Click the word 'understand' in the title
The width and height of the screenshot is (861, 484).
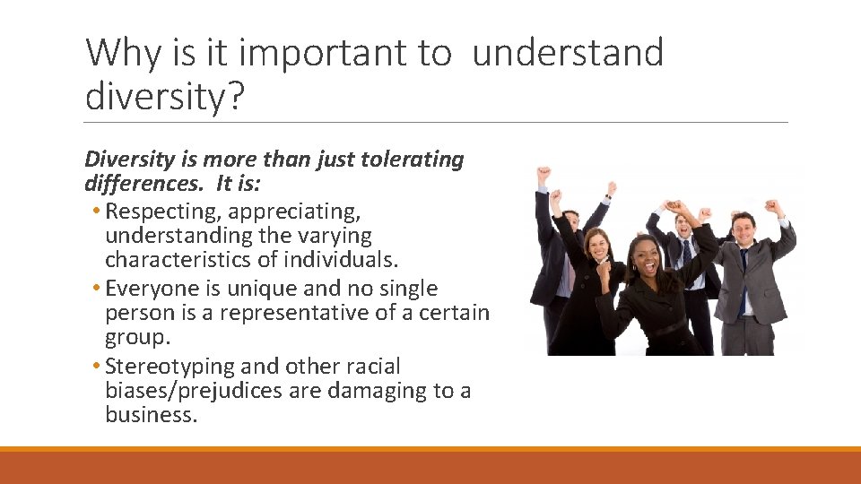[x=567, y=54]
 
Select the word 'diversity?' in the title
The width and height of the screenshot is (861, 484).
[x=164, y=97]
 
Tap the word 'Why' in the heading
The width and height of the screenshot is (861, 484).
[x=122, y=54]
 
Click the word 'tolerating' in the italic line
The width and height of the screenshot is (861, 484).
[x=412, y=160]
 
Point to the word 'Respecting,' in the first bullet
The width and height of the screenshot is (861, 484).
[x=162, y=212]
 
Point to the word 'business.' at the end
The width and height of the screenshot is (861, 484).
[x=151, y=415]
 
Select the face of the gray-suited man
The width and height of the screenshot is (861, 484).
[x=744, y=229]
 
